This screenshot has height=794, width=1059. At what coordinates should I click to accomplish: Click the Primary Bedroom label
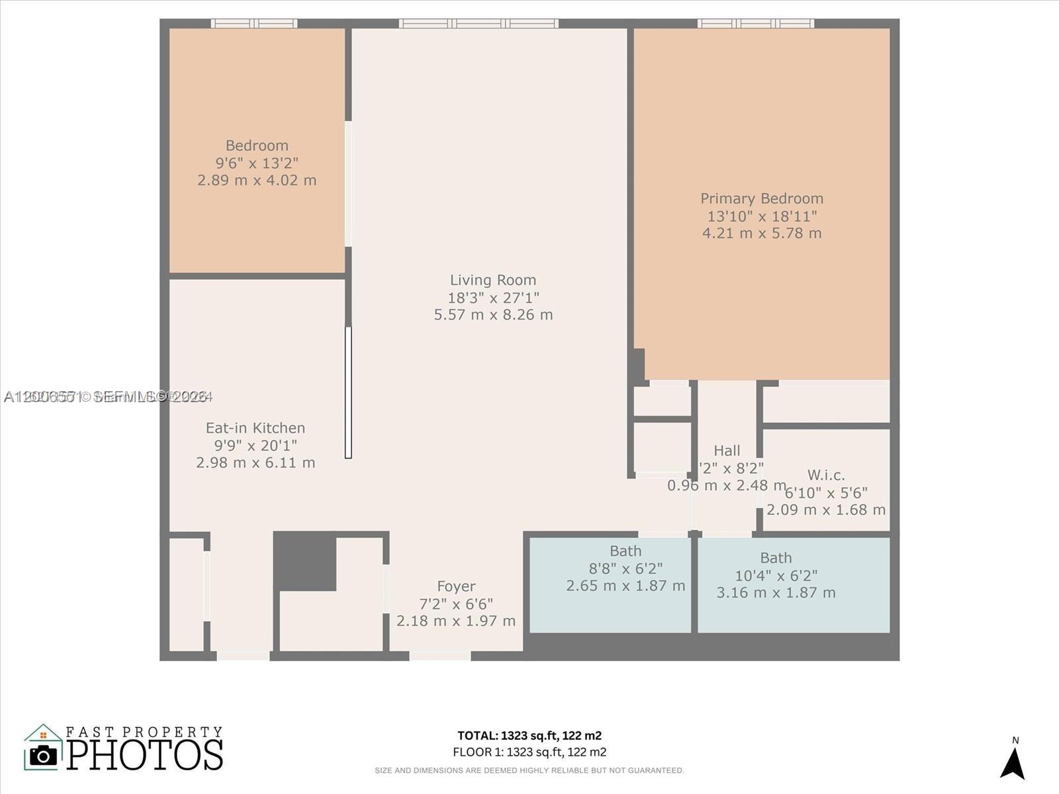click(x=762, y=198)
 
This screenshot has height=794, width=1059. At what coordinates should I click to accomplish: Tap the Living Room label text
click(x=493, y=280)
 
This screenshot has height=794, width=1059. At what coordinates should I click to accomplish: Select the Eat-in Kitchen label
click(x=255, y=428)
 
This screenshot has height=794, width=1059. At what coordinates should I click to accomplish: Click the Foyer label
click(x=456, y=586)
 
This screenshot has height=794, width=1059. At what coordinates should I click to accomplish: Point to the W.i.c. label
click(x=826, y=475)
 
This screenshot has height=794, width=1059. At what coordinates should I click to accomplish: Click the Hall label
click(x=727, y=451)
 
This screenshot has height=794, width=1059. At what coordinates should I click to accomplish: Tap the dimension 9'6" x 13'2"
click(x=257, y=163)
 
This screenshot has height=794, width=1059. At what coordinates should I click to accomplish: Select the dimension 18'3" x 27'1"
click(x=493, y=298)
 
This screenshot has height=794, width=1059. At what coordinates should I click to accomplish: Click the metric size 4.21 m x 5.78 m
click(x=762, y=233)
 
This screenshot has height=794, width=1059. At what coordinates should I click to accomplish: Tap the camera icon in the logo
click(x=44, y=755)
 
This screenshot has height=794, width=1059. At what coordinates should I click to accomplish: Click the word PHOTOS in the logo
click(x=145, y=755)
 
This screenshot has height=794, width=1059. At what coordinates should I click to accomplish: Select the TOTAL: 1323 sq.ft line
click(x=529, y=735)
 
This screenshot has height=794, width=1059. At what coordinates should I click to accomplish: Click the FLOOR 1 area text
click(x=529, y=752)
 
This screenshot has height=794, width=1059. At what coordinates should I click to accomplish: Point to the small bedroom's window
click(x=254, y=24)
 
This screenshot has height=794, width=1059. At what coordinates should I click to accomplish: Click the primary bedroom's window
click(x=756, y=24)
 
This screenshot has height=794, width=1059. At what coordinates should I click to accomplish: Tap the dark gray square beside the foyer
click(x=304, y=561)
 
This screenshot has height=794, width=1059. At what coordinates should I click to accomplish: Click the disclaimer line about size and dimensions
click(x=529, y=770)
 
